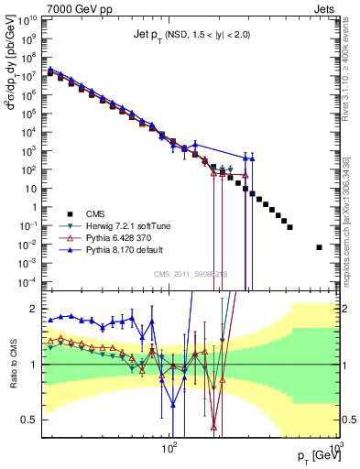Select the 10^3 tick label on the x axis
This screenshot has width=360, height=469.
(333, 445)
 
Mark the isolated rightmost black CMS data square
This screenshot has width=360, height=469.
(319, 246)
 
